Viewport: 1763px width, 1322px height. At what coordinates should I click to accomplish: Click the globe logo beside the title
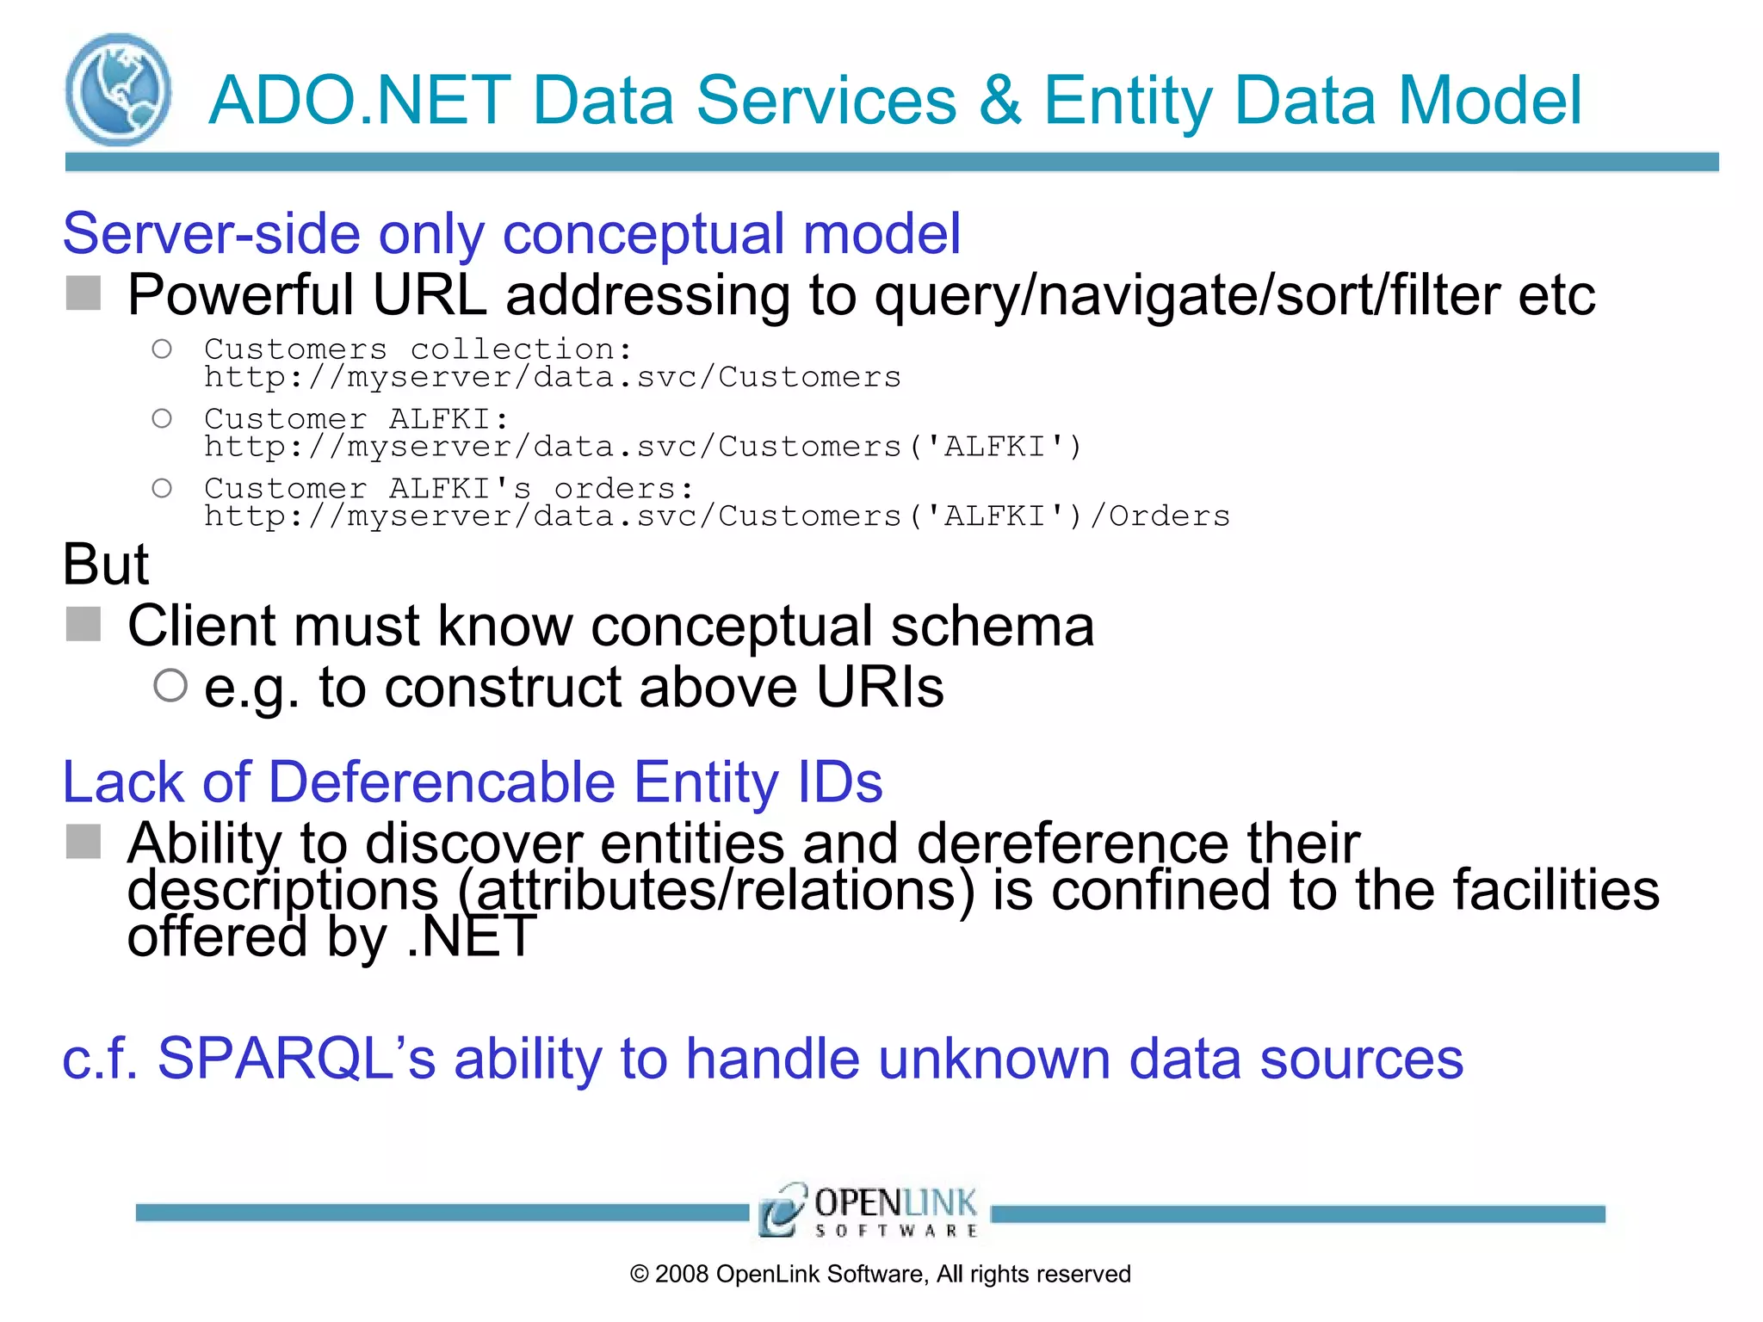point(118,90)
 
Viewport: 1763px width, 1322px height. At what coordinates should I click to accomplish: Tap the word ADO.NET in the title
point(360,101)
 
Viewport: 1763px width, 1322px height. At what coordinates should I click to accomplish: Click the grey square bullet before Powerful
point(84,293)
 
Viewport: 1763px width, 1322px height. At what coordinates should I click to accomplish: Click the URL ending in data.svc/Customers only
point(552,378)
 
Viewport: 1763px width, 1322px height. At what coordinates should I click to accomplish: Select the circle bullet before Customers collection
point(162,349)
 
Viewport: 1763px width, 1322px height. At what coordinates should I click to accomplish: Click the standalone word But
point(106,565)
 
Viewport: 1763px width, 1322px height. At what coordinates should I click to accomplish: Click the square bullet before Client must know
point(84,624)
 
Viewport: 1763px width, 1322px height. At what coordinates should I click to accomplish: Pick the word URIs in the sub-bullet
point(879,688)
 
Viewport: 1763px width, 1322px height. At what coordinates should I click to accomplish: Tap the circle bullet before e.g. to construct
point(170,686)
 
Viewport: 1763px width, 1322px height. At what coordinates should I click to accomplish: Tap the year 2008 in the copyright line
point(682,1275)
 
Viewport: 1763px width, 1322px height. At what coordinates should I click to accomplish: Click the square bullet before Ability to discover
point(84,842)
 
